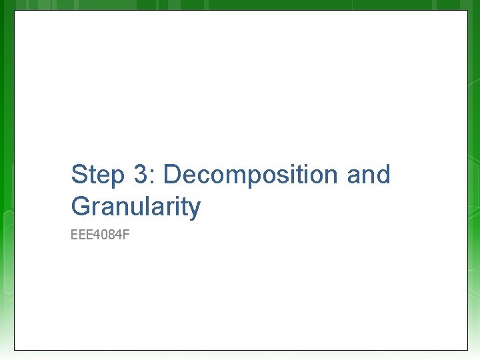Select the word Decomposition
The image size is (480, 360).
pos(251,175)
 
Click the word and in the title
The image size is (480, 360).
pos(368,175)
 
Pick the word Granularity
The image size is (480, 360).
pos(135,207)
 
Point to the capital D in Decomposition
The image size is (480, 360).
pos(173,175)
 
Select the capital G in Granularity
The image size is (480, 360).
pos(81,207)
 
